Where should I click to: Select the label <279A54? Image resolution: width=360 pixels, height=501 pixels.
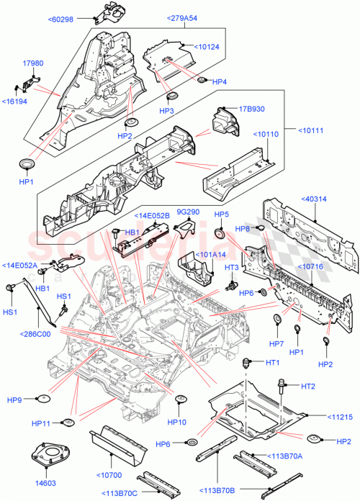pos(185,17)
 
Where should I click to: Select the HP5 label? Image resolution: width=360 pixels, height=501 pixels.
pos(221,215)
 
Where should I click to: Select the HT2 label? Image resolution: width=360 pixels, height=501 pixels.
pos(307,387)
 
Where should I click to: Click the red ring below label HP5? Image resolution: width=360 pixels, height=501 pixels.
pos(221,233)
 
